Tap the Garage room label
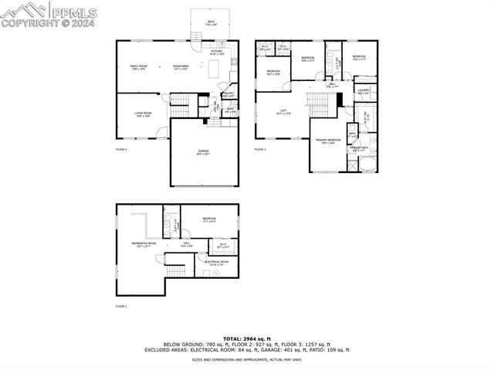pyautogui.click(x=203, y=153)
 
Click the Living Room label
pyautogui.click(x=143, y=114)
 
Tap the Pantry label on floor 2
pyautogui.click(x=228, y=94)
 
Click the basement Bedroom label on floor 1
pyautogui.click(x=209, y=220)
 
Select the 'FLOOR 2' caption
pyautogui.click(x=121, y=148)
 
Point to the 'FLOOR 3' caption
pyautogui.click(x=261, y=149)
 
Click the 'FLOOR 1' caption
pyautogui.click(x=121, y=307)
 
